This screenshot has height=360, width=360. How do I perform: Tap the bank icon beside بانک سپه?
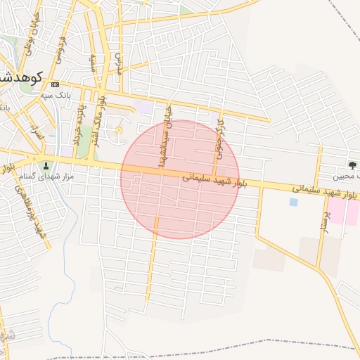pyautogui.click(x=56, y=84)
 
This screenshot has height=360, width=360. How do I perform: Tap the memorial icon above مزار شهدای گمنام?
pyautogui.click(x=47, y=166)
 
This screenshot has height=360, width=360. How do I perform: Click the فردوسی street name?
pyautogui.click(x=61, y=49)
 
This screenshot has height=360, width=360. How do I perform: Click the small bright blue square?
pyautogui.click(x=293, y=202)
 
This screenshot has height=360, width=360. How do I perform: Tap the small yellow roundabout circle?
pyautogui.click(x=118, y=130)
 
